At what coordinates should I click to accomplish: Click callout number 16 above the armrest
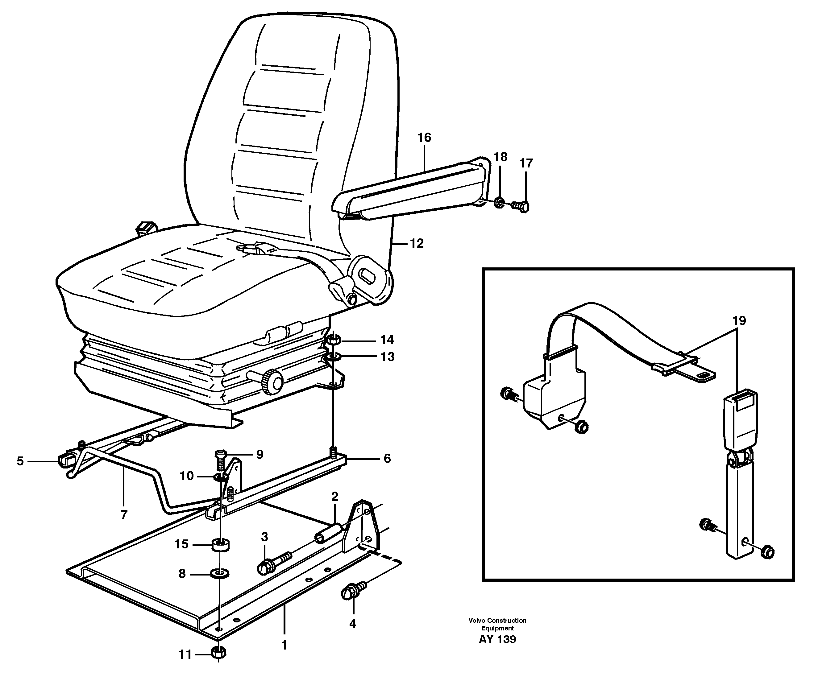click(424, 138)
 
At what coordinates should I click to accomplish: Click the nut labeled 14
click(333, 340)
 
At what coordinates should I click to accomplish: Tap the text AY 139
click(497, 639)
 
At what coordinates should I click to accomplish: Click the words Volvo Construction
click(497, 621)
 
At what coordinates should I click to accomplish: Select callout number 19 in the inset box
click(739, 321)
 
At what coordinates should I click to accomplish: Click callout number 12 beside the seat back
click(417, 243)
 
